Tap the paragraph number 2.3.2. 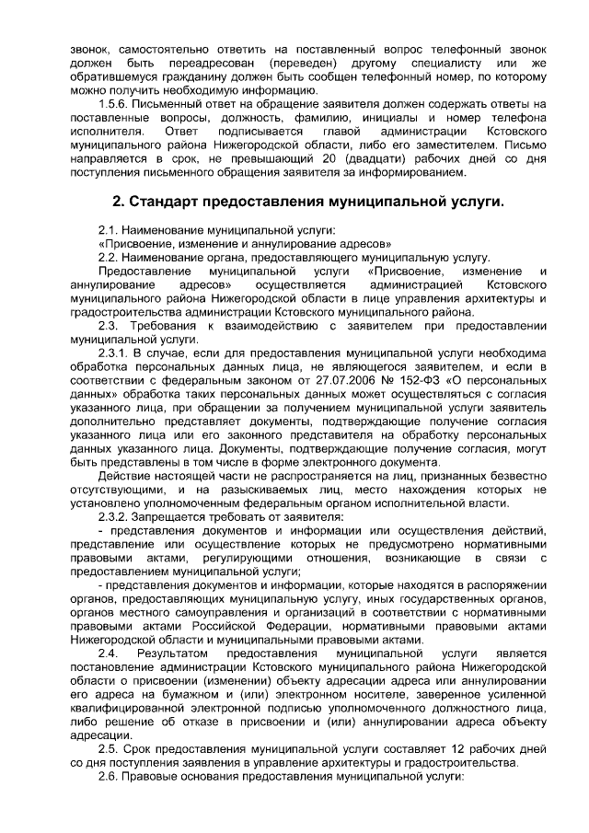point(114,517)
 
